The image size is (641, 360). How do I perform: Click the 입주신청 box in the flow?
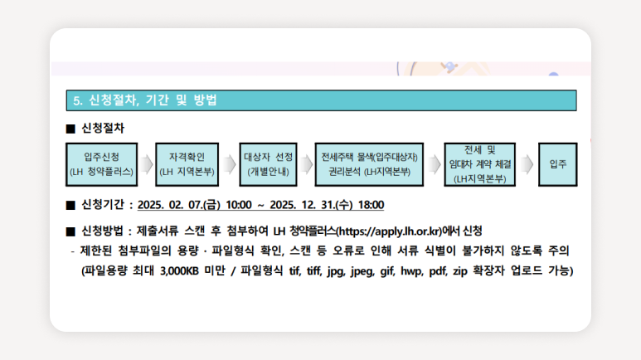click(102, 164)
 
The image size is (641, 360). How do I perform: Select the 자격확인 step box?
click(187, 164)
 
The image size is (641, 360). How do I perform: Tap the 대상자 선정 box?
click(268, 164)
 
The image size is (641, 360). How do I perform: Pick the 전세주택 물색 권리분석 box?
click(369, 164)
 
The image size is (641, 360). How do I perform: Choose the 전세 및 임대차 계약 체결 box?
click(480, 164)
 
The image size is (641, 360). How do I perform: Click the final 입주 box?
click(558, 164)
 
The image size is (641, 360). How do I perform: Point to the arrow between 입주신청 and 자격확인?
click(147, 164)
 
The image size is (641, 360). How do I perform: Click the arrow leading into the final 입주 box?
click(527, 164)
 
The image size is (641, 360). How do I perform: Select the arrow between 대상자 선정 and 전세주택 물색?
click(306, 164)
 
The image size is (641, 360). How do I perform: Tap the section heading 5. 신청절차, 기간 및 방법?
click(145, 100)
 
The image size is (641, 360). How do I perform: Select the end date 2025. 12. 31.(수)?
click(312, 205)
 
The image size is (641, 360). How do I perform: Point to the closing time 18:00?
click(371, 205)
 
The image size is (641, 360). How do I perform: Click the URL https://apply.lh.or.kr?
click(391, 231)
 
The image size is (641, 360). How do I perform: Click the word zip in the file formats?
click(460, 271)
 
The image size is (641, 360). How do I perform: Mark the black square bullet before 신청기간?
click(70, 205)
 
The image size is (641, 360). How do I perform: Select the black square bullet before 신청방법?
click(70, 231)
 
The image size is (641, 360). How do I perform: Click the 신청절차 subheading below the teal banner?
click(103, 129)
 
